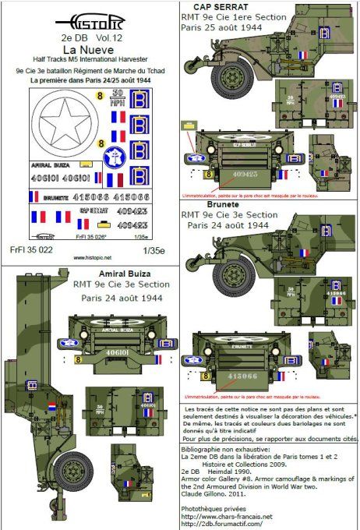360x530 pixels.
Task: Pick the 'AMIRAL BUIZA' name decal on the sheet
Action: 48,166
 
